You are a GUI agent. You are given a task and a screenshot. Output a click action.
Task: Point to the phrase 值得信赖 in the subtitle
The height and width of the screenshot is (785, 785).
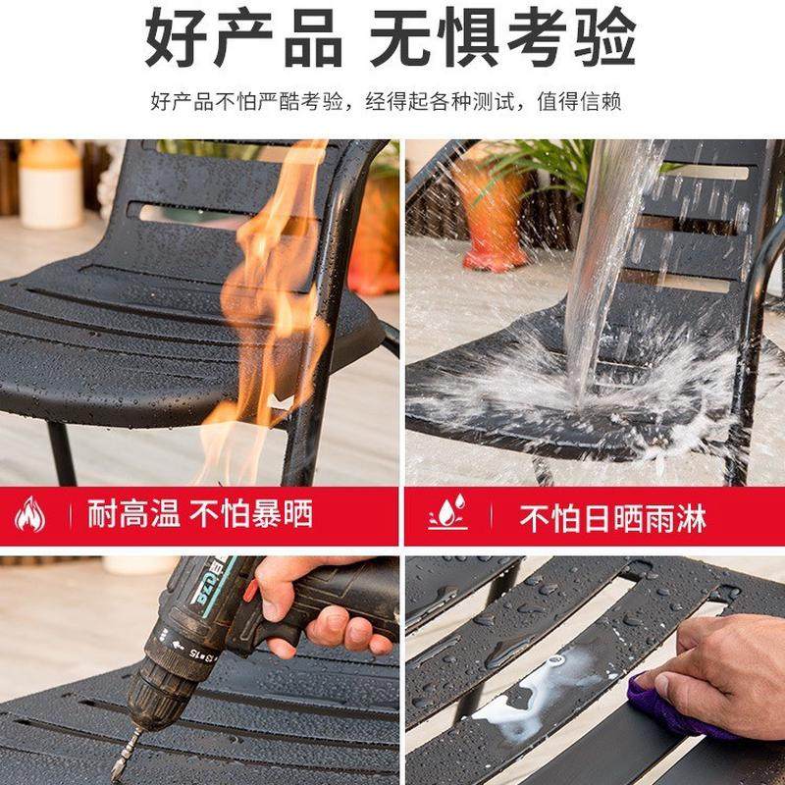(x=583, y=101)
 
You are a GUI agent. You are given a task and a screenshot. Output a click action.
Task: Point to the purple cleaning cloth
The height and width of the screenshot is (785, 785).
(x=668, y=707)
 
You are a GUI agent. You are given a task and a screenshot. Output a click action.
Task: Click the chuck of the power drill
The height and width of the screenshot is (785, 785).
(x=157, y=677)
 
